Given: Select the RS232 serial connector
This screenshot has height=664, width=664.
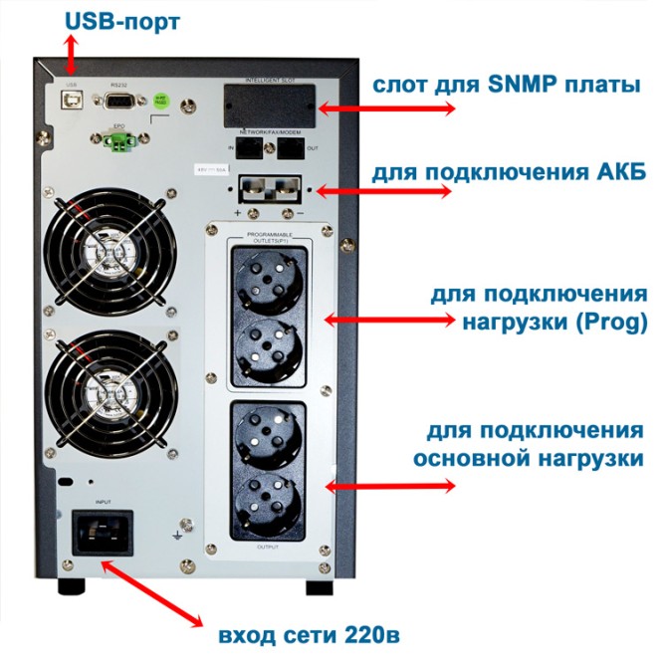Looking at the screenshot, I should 116,102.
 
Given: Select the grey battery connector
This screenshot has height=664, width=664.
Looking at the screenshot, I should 268,191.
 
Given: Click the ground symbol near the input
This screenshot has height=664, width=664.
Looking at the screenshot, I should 175,537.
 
